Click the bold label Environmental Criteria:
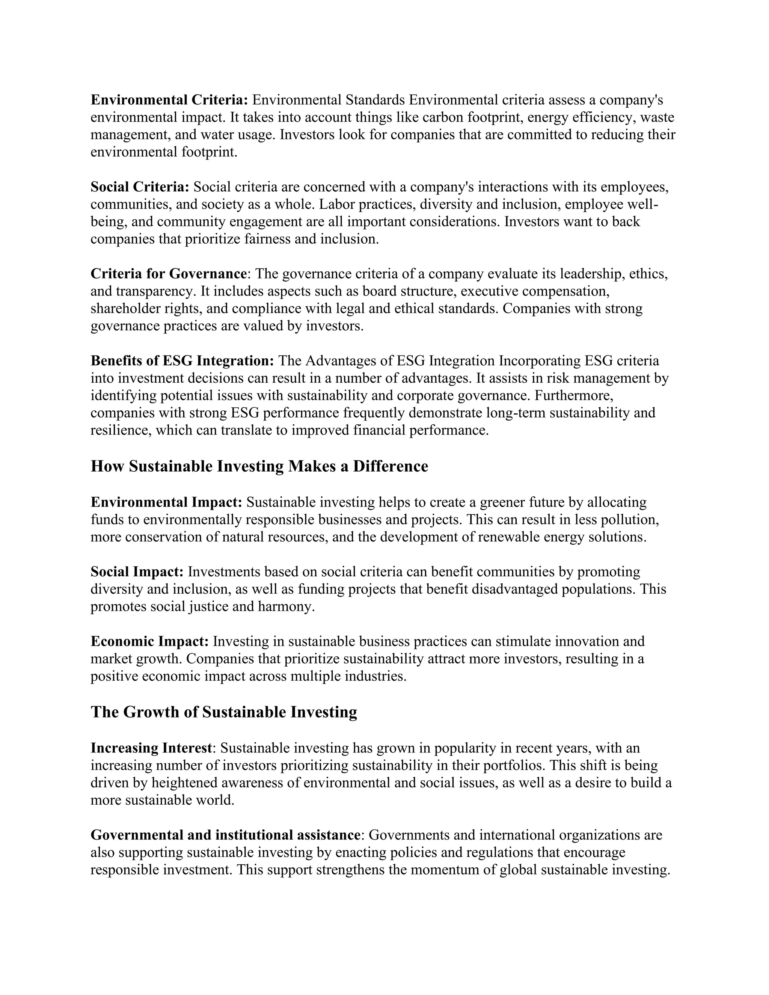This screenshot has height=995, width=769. (x=169, y=100)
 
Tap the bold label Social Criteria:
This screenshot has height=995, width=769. (x=140, y=187)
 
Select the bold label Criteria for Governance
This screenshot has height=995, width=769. (x=168, y=274)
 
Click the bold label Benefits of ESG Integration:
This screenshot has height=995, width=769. (x=182, y=361)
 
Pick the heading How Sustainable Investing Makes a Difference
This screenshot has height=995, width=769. (x=259, y=466)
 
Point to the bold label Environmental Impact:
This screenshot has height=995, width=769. (x=166, y=502)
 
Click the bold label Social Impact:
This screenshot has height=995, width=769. (x=137, y=572)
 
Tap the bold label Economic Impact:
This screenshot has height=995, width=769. (x=149, y=641)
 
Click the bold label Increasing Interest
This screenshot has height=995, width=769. (x=151, y=748)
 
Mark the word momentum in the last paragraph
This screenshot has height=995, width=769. (x=442, y=870)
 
